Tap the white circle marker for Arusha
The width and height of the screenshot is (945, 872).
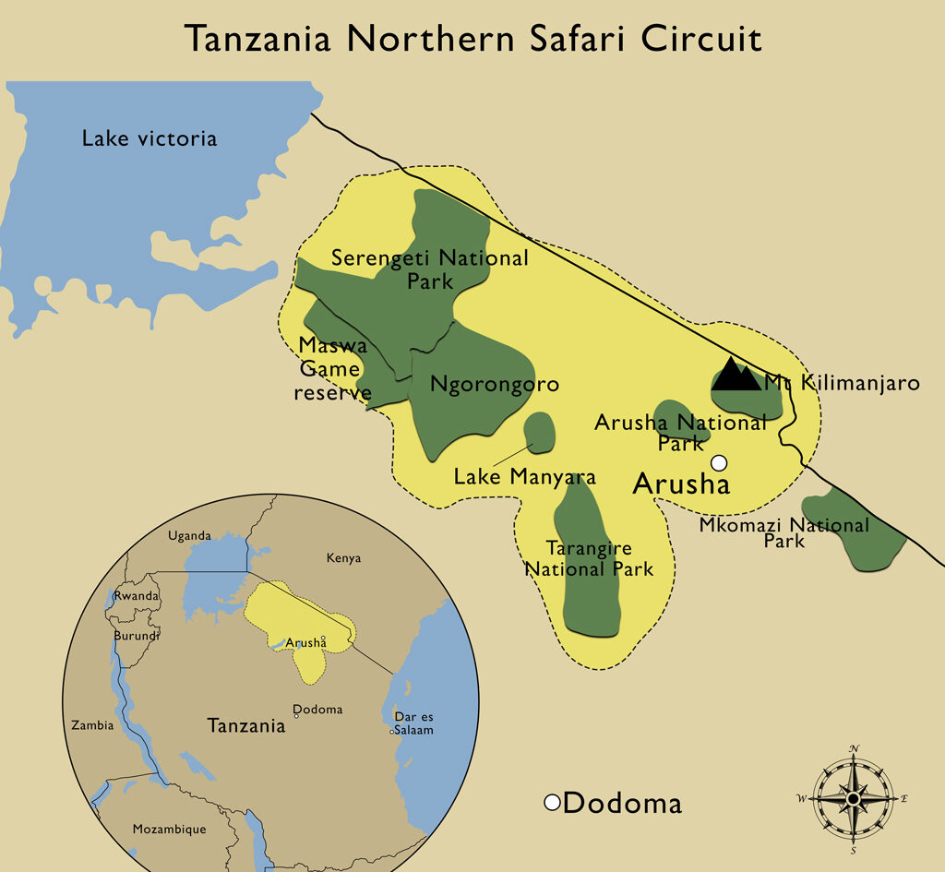point(719,462)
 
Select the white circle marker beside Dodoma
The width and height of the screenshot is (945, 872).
point(552,803)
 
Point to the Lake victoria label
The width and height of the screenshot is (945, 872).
point(150,139)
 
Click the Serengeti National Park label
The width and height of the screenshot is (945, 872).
point(430,269)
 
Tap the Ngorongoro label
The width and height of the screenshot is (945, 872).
point(495,384)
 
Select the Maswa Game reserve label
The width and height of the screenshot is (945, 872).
point(332,369)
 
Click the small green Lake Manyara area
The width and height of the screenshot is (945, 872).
point(539,432)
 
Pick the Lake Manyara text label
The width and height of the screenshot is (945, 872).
point(524,477)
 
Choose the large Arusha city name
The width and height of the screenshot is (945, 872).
point(681,484)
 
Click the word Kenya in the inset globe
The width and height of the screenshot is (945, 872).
point(343,558)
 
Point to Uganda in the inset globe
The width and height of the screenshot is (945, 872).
point(189,536)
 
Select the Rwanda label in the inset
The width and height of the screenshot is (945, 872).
point(136,596)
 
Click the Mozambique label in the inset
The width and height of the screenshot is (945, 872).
point(169,829)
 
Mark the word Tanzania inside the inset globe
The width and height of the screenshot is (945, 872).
point(245,725)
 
